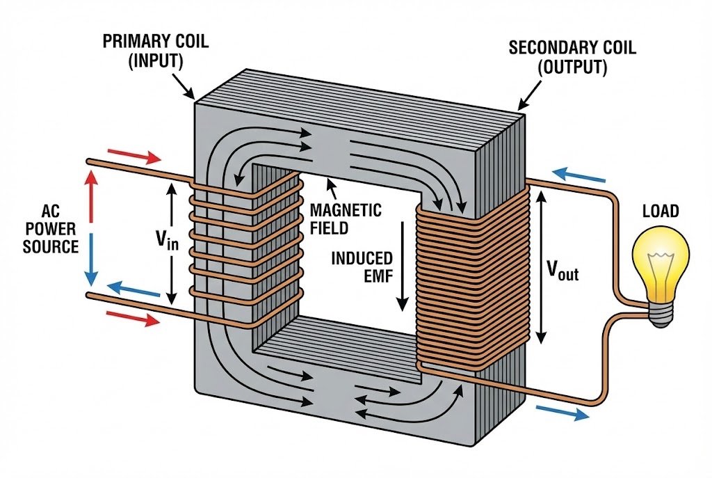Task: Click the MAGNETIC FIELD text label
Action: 345,218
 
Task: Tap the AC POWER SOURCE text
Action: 50,228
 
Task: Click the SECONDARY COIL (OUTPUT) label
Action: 558,58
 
